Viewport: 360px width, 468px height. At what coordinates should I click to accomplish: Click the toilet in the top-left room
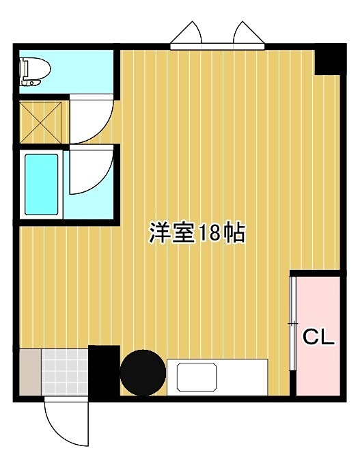click(x=35, y=71)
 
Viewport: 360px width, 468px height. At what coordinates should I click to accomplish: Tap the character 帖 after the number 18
click(x=234, y=234)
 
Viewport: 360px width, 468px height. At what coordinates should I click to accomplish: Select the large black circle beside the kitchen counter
click(x=142, y=372)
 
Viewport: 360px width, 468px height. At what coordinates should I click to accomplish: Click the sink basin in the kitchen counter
click(x=196, y=377)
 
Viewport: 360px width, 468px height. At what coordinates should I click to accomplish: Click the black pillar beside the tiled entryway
click(x=104, y=372)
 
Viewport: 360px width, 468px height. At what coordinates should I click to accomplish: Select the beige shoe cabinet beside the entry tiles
click(x=30, y=372)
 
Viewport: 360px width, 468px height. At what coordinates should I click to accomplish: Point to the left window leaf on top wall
click(x=187, y=34)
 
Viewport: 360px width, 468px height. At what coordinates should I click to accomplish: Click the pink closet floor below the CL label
click(x=318, y=372)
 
